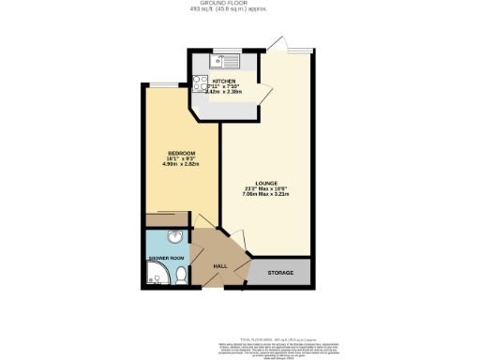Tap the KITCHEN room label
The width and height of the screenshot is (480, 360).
222,82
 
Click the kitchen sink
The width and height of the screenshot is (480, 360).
225,63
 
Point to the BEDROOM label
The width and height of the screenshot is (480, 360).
181,153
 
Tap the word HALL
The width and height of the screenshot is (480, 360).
220,266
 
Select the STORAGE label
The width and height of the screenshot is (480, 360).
280,273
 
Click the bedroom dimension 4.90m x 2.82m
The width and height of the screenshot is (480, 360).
181,165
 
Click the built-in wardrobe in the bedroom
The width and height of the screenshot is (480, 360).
167,219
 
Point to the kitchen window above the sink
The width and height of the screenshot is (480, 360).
225,53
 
